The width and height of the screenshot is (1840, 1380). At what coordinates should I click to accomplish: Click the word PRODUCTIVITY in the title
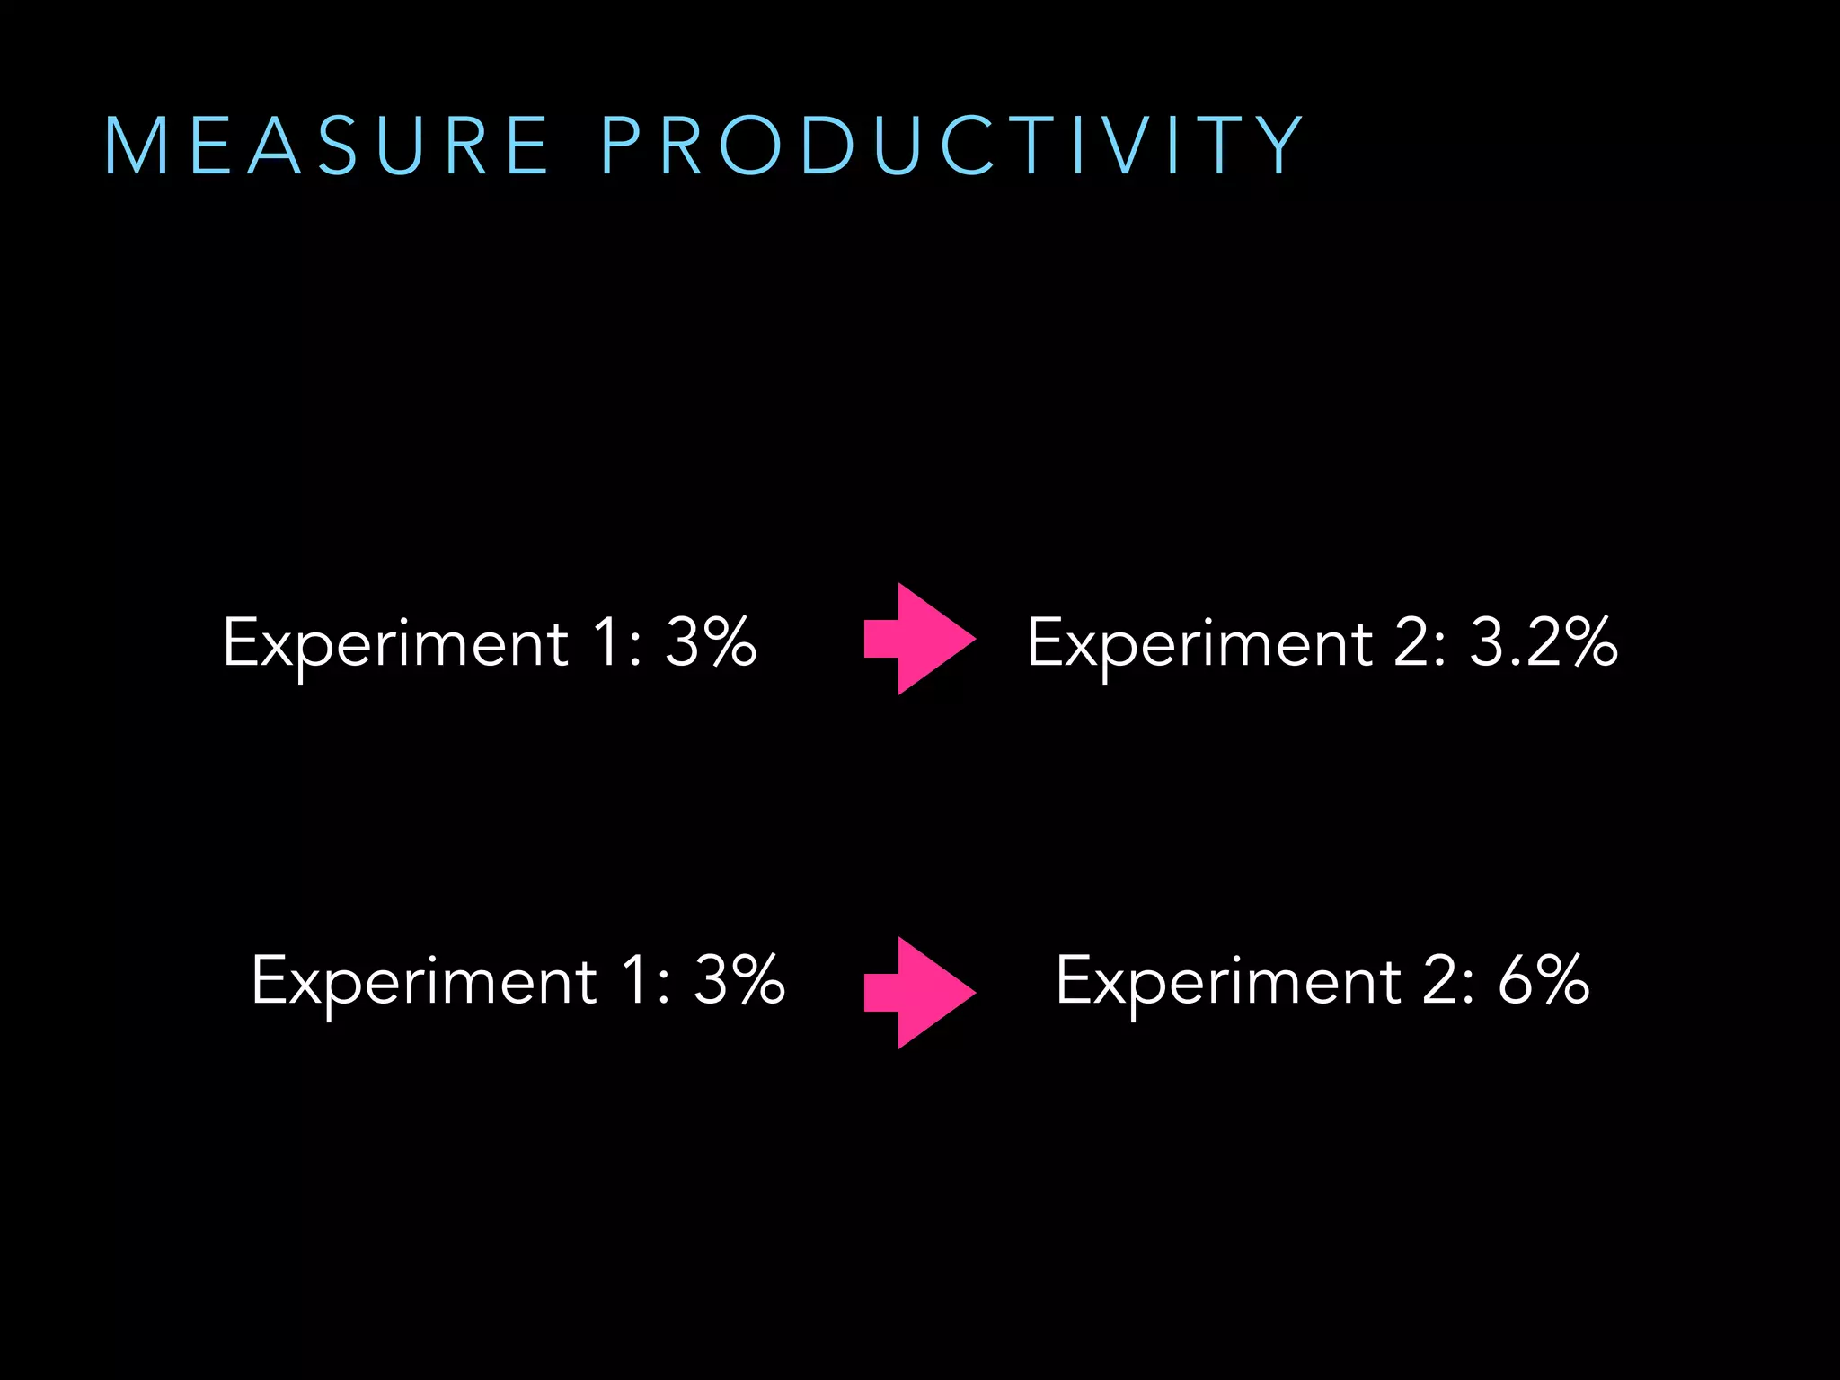(952, 146)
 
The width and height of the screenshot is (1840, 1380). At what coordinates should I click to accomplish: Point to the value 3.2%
(1544, 643)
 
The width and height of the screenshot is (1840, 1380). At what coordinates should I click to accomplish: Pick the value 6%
(1544, 980)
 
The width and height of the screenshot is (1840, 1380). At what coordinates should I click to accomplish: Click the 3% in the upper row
(711, 643)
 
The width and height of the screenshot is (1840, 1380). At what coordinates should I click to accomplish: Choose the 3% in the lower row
(739, 980)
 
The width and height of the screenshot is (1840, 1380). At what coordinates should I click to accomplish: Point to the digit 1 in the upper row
(608, 643)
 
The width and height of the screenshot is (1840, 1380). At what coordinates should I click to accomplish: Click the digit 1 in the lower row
(637, 980)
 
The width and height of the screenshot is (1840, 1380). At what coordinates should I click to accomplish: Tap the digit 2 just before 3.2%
(1413, 643)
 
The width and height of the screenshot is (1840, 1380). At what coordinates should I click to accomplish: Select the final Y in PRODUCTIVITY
(1281, 146)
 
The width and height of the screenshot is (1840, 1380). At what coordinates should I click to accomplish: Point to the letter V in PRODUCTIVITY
(1128, 146)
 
